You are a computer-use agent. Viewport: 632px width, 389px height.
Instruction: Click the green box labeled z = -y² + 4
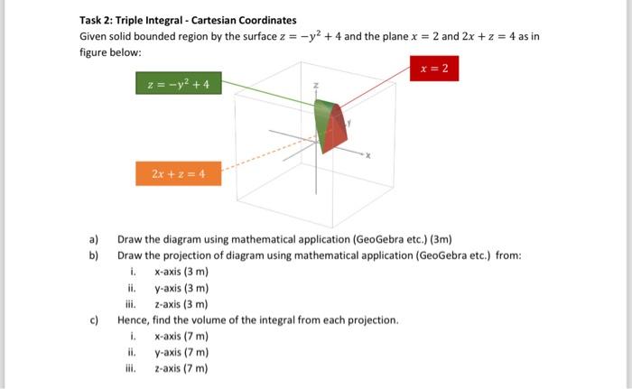pos(178,84)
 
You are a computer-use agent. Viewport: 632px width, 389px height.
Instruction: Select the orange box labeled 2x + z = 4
pos(178,173)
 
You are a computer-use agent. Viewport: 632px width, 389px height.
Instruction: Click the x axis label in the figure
pos(367,156)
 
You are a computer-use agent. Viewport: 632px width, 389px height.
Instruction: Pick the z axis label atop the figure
pos(316,87)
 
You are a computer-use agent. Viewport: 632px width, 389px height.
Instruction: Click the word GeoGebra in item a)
pos(356,239)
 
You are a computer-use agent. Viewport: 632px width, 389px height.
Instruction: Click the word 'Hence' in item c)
pos(133,320)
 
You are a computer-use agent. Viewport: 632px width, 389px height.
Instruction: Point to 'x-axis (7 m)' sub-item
pos(181,337)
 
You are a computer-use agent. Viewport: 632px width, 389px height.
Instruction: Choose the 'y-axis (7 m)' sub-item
pos(181,353)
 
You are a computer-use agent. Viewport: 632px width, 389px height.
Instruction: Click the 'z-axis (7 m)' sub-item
pos(181,369)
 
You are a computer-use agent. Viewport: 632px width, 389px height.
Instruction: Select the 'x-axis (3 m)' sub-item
pos(181,272)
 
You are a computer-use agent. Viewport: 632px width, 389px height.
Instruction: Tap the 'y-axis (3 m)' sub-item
pos(181,288)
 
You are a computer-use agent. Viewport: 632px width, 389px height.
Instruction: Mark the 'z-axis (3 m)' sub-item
pos(181,304)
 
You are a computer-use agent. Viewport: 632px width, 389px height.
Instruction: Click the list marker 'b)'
pos(93,255)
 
